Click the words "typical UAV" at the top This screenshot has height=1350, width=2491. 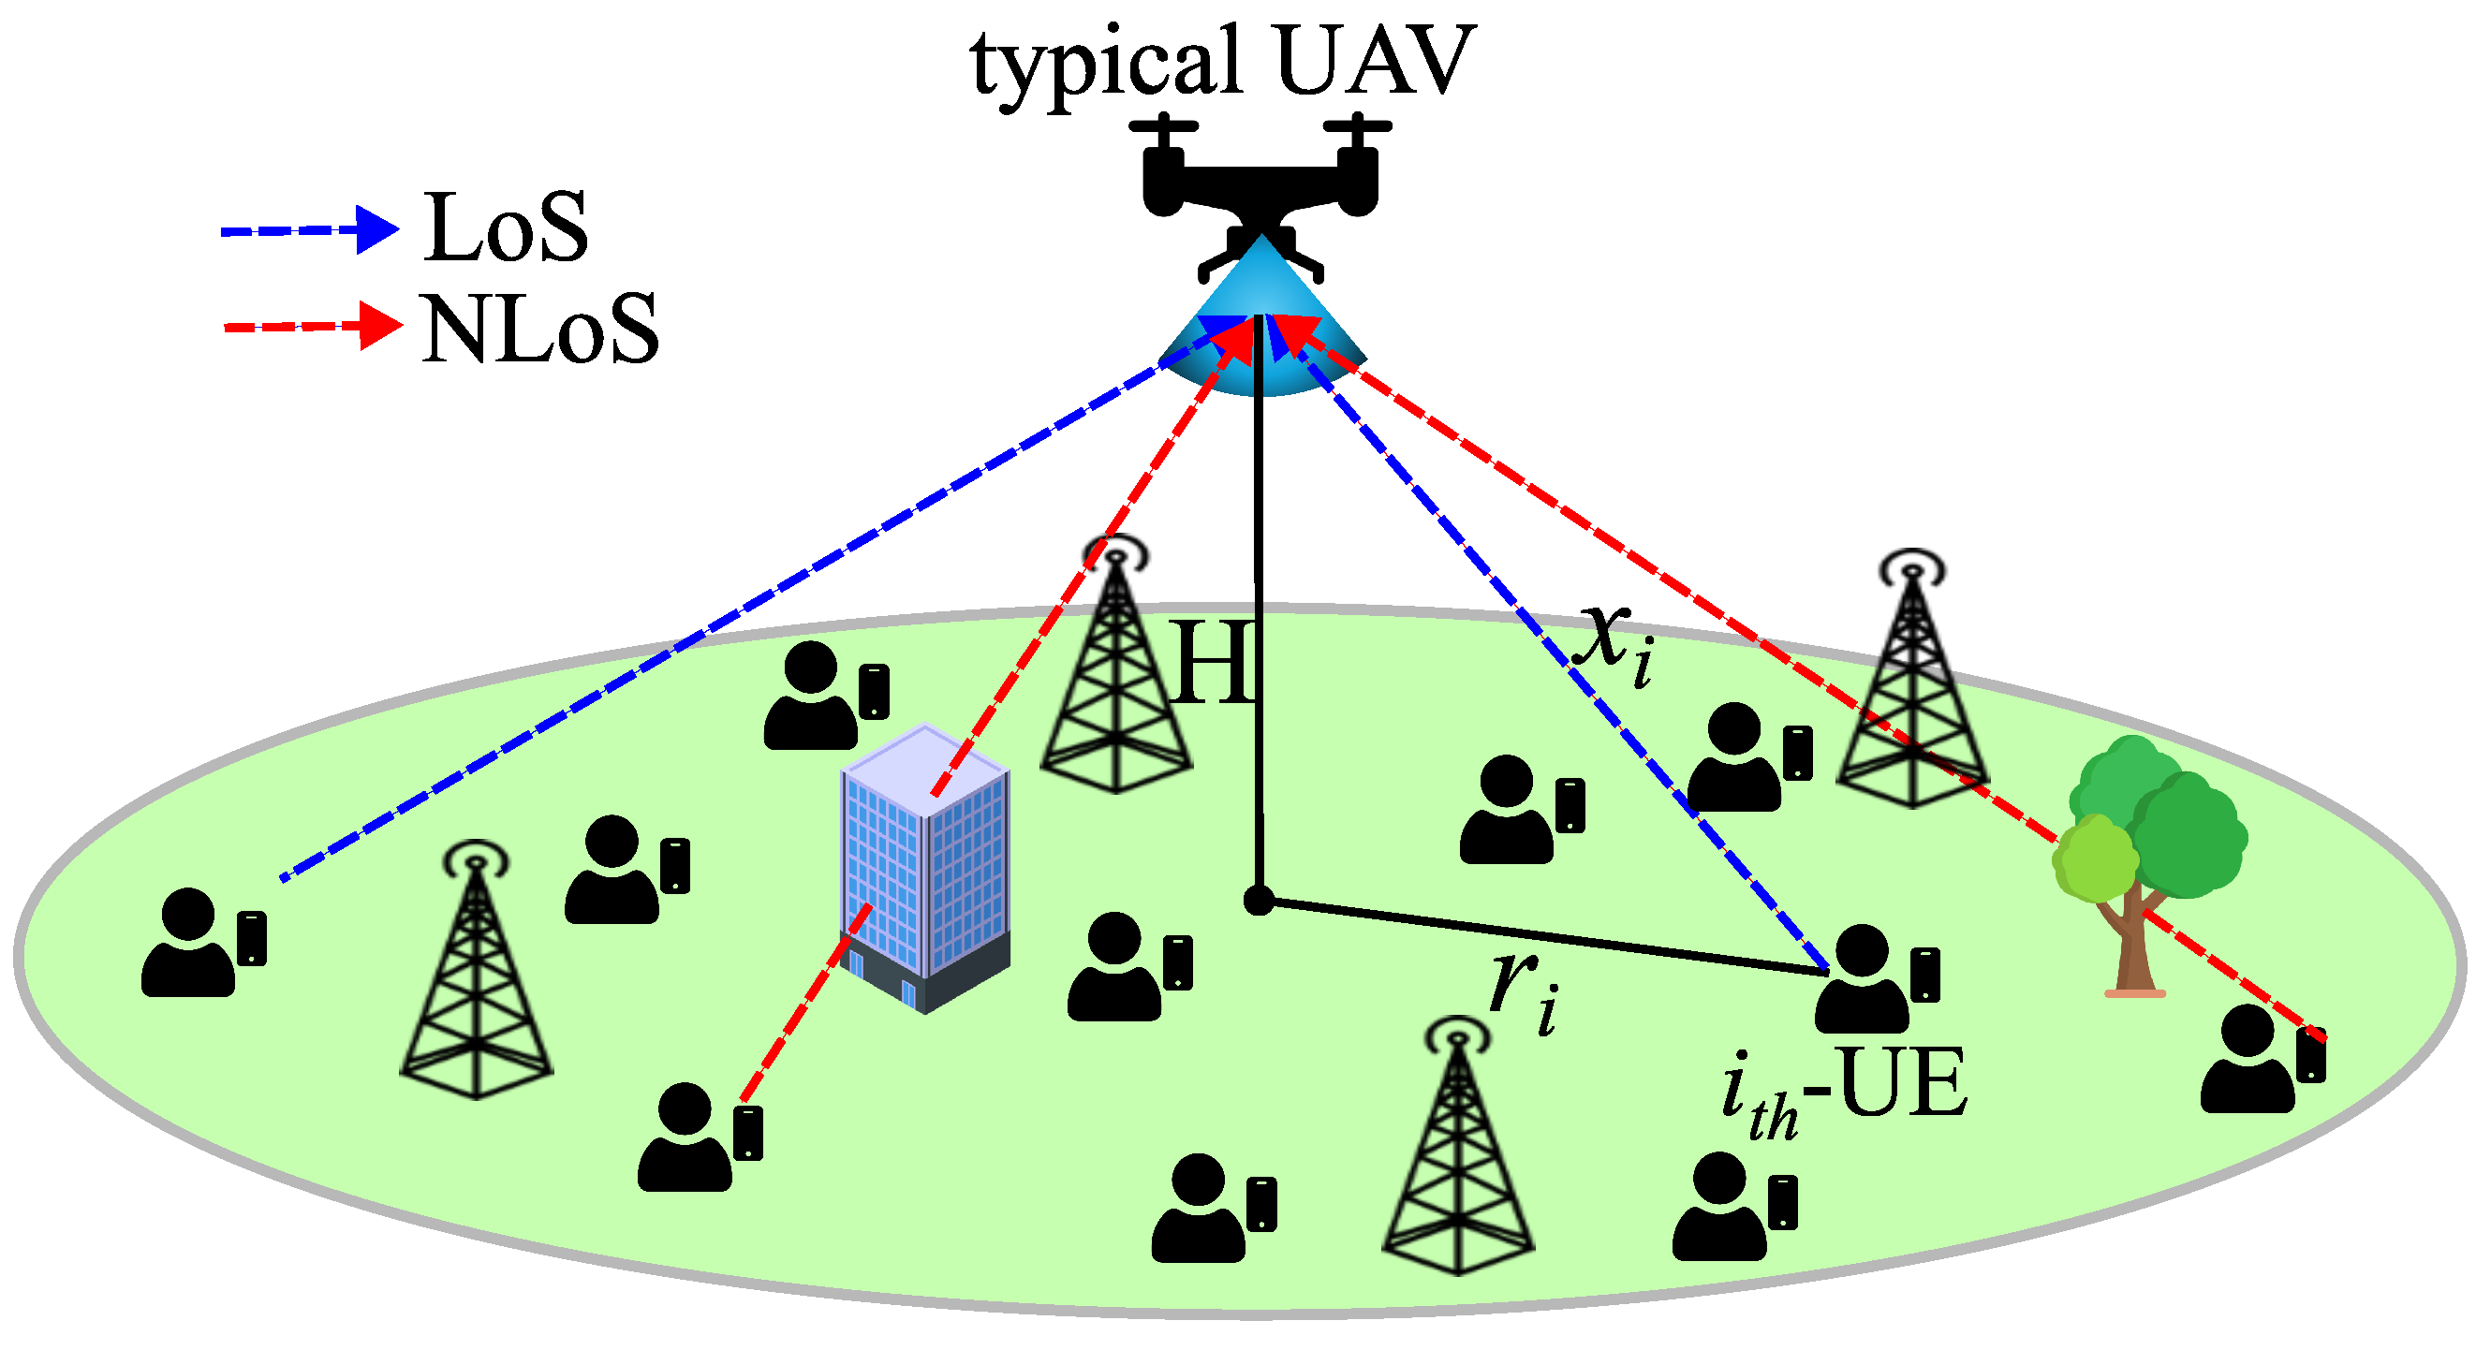pos(1222,64)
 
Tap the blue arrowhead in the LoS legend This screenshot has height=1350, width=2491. pos(376,230)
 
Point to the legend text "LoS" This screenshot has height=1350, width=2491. pos(506,229)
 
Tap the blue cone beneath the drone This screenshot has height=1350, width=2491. pos(1262,329)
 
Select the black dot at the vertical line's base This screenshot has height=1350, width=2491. pos(1258,901)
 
